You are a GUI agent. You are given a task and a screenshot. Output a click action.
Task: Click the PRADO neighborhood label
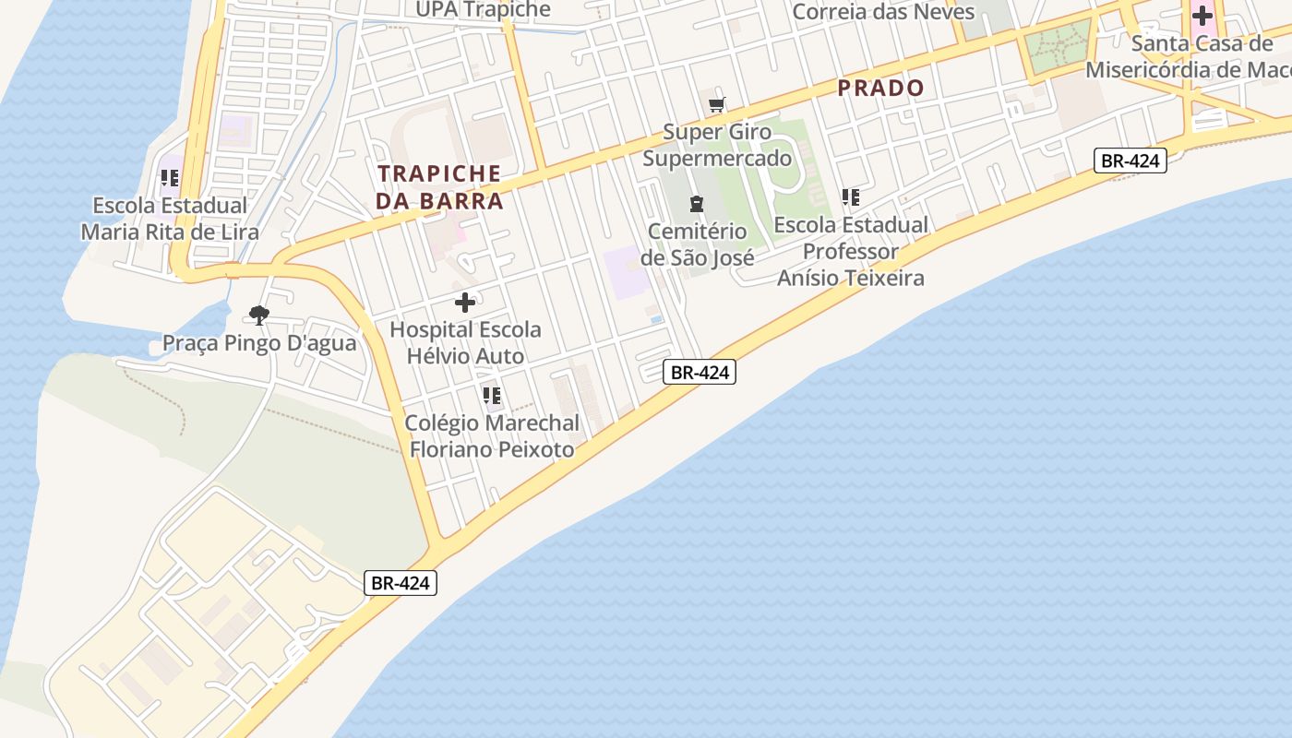[x=880, y=89]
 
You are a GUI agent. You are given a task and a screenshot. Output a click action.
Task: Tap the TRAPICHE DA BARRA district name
[x=439, y=187]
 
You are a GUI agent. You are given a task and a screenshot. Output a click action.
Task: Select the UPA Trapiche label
[x=483, y=10]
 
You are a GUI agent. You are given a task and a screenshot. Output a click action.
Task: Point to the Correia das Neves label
[x=883, y=12]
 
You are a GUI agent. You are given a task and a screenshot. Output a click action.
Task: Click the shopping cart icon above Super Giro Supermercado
[x=716, y=105]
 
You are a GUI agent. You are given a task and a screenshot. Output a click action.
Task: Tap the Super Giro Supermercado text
[x=717, y=145]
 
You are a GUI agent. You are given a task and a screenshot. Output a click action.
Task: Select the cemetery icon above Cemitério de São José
[x=697, y=204]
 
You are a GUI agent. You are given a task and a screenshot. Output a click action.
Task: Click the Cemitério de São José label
[x=697, y=244]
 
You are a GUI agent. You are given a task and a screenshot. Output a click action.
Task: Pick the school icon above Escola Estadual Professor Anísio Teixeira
[x=851, y=197]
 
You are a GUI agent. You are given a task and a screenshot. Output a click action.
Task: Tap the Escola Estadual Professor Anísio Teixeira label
[x=851, y=251]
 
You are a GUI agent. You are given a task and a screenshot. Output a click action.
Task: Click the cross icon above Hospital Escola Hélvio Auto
[x=465, y=302]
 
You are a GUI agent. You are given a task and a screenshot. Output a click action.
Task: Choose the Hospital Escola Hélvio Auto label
[x=465, y=342]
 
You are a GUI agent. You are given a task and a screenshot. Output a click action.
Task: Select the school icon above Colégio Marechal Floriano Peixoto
[x=492, y=396]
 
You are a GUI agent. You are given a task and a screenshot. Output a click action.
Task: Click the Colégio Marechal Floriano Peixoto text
[x=492, y=436]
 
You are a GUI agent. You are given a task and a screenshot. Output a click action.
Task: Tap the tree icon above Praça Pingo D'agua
[x=259, y=315]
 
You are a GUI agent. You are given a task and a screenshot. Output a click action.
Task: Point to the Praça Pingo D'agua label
[x=259, y=344]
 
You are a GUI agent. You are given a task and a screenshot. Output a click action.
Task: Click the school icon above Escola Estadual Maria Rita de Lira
[x=170, y=178]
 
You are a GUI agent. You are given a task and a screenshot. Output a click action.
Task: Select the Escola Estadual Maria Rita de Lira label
[x=170, y=219]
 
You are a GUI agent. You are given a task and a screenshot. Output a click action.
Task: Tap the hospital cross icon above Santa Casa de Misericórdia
[x=1202, y=15]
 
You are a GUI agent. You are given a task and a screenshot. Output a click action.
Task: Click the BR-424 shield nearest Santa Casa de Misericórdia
[x=1130, y=161]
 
